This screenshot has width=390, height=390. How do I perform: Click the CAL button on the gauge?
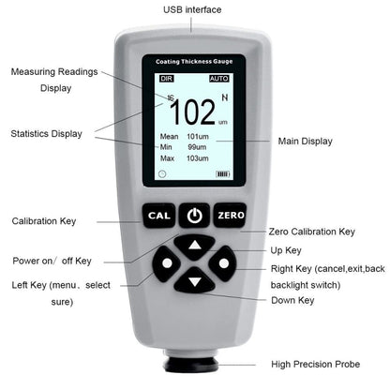157,216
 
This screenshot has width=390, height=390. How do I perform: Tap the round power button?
194,216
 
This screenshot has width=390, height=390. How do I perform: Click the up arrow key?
194,247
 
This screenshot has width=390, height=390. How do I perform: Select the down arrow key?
194,281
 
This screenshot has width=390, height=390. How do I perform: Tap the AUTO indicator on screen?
218,79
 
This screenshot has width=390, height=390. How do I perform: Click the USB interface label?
192,9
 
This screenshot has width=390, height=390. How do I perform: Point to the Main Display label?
305,142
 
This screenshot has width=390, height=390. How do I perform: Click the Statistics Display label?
48,134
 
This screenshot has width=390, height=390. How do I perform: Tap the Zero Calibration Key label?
311,232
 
